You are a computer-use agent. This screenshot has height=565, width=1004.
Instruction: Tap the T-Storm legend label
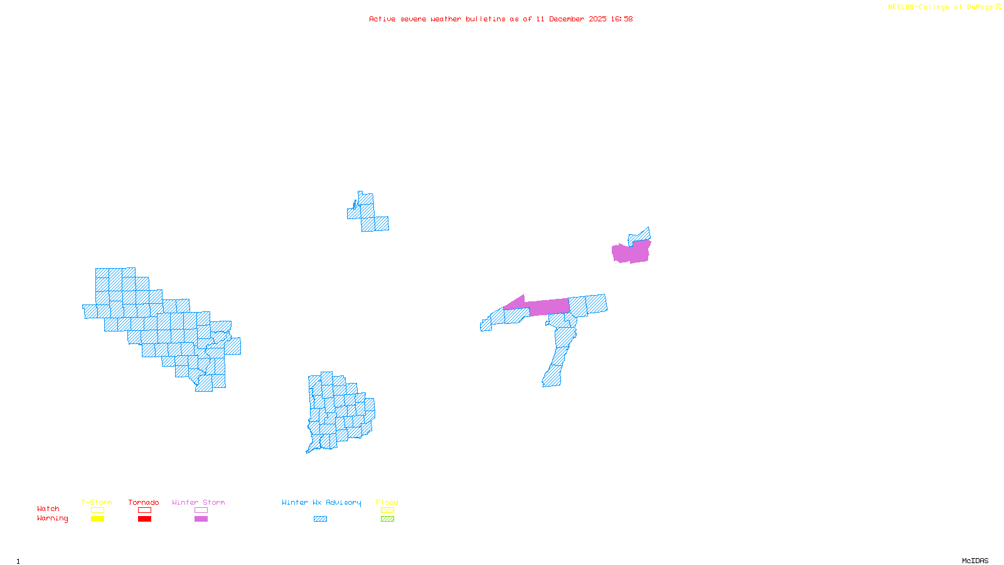coord(97,502)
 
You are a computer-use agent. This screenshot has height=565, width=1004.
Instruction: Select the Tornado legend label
coord(144,502)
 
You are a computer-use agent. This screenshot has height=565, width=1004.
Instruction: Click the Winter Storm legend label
coord(198,502)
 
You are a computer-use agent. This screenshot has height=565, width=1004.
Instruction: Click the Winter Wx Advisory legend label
coord(321,502)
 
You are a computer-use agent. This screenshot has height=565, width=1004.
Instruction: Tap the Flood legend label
coord(387,502)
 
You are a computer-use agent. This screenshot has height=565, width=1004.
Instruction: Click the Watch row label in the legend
coord(48,509)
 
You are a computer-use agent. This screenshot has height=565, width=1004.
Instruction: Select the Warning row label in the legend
coord(53,519)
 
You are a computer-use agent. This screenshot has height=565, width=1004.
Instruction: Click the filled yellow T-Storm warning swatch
coord(97,519)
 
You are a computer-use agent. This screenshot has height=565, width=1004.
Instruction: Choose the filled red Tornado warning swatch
coord(145,519)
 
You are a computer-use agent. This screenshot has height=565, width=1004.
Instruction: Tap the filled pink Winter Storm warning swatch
coord(201,519)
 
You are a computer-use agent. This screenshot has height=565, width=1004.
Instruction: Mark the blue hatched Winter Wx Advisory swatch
coord(320,519)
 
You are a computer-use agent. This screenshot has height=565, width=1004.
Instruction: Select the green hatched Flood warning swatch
coord(388,519)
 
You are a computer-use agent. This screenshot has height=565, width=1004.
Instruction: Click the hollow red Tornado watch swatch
coord(145,510)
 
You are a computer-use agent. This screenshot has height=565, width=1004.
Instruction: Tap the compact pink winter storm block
coord(631,252)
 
